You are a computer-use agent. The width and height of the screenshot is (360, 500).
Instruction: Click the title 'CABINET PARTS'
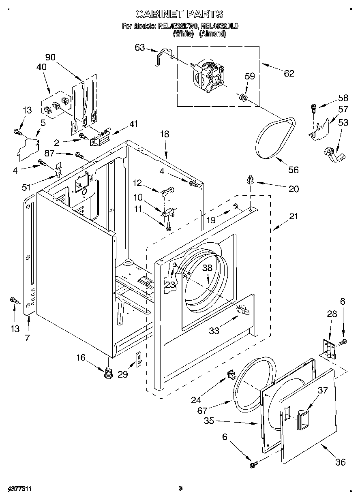click(x=179, y=14)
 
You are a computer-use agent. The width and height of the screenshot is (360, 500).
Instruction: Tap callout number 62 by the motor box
click(x=289, y=73)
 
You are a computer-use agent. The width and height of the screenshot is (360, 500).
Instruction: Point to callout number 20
click(x=294, y=188)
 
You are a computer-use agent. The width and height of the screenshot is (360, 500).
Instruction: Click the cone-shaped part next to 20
click(x=251, y=179)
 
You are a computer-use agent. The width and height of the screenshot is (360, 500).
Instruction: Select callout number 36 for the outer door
click(x=340, y=462)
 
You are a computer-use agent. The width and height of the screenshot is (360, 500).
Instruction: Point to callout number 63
click(x=139, y=48)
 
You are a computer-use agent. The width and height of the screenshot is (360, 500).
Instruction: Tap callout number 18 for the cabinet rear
click(x=165, y=134)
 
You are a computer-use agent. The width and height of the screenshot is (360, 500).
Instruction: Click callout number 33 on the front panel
click(x=214, y=331)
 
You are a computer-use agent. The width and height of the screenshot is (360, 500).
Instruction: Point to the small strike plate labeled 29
click(x=138, y=359)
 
